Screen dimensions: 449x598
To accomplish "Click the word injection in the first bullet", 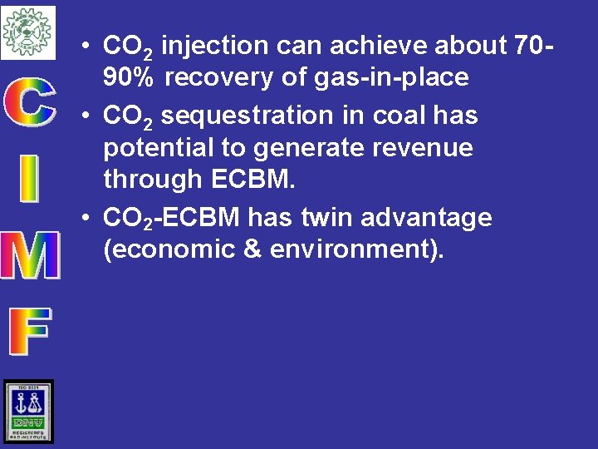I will click(x=215, y=45).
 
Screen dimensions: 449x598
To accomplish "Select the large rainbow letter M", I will click(x=29, y=254).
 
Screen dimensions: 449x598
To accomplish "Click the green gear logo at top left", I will click(x=27, y=32).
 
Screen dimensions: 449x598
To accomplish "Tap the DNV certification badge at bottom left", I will click(x=28, y=412).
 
